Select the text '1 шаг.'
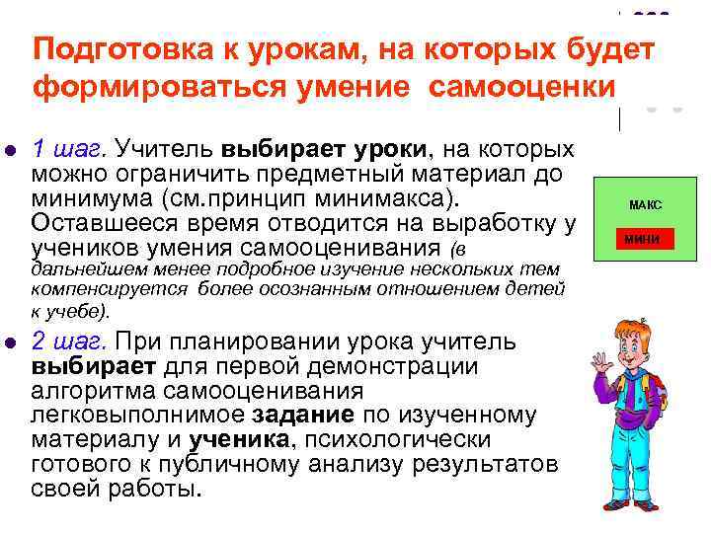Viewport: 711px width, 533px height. point(70,149)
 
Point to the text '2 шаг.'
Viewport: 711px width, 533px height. point(70,342)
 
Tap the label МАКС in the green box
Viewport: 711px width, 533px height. point(645,205)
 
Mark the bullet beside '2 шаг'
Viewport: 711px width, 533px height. point(11,343)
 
